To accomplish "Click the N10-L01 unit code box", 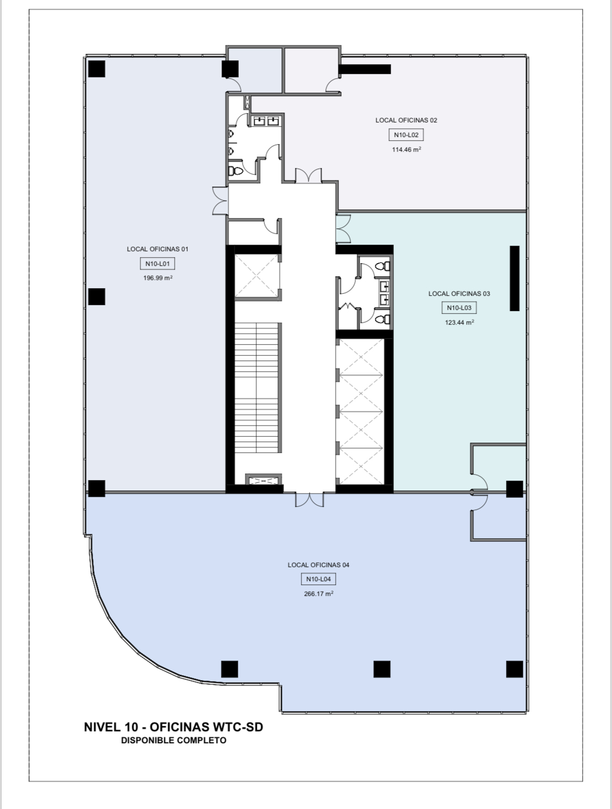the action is pyautogui.click(x=157, y=264).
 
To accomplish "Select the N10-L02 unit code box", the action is pyautogui.click(x=406, y=135).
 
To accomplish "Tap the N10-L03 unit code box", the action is pyautogui.click(x=459, y=308).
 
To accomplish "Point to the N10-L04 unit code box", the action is pyautogui.click(x=318, y=579).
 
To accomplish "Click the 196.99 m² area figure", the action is pyautogui.click(x=158, y=278).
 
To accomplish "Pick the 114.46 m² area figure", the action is pyautogui.click(x=406, y=150).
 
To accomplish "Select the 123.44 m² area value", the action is pyautogui.click(x=459, y=322).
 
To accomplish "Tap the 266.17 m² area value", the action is pyautogui.click(x=319, y=594).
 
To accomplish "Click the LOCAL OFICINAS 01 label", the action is pyautogui.click(x=157, y=249).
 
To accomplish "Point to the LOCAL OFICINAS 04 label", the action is pyautogui.click(x=319, y=565).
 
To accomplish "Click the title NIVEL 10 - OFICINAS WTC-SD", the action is pyautogui.click(x=174, y=727).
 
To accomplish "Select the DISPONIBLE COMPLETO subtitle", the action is pyautogui.click(x=174, y=740).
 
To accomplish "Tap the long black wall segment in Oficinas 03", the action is pyautogui.click(x=515, y=278).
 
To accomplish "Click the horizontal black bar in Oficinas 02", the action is pyautogui.click(x=364, y=69).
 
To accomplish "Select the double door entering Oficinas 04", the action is pyautogui.click(x=310, y=500).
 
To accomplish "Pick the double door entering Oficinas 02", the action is pyautogui.click(x=308, y=176).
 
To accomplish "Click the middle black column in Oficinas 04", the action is pyautogui.click(x=382, y=669).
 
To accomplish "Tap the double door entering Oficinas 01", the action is pyautogui.click(x=220, y=201).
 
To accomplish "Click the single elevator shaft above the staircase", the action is pyautogui.click(x=257, y=275).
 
